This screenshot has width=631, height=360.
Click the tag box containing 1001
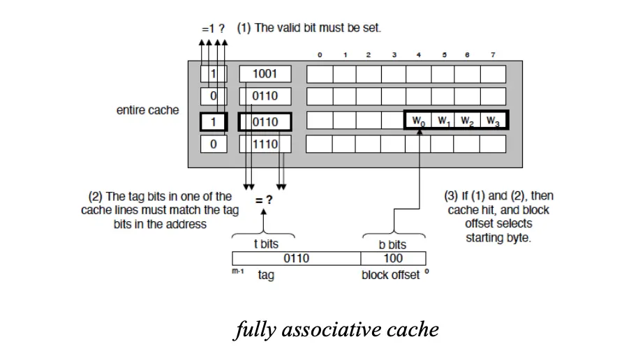point(265,74)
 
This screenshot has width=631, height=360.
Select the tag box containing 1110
point(265,144)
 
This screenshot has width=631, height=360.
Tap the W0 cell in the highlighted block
point(418,121)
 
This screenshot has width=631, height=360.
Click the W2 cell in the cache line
point(468,121)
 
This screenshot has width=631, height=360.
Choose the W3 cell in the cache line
point(493,121)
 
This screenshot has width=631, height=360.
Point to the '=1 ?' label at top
point(214,29)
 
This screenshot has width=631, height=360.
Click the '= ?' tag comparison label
point(264,199)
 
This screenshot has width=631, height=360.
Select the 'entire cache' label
point(147,110)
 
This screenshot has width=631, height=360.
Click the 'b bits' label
point(392,245)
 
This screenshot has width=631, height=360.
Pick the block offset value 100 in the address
point(393,259)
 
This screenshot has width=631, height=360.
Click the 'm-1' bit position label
point(237,271)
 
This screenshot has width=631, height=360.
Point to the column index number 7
point(493,55)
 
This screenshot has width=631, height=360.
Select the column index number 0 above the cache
point(320,55)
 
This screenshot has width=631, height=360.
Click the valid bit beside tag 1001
point(214,74)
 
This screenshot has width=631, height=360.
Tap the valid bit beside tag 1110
point(214,144)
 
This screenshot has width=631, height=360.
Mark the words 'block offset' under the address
point(390,275)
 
